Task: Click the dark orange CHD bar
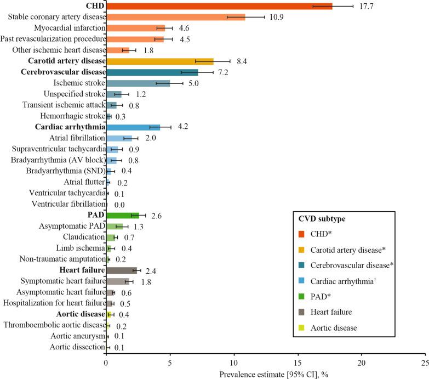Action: [x=219, y=6]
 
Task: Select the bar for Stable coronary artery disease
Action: [x=175, y=17]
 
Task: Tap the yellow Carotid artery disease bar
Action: [x=159, y=61]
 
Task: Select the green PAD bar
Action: [x=123, y=215]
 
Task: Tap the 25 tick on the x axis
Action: [x=425, y=363]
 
